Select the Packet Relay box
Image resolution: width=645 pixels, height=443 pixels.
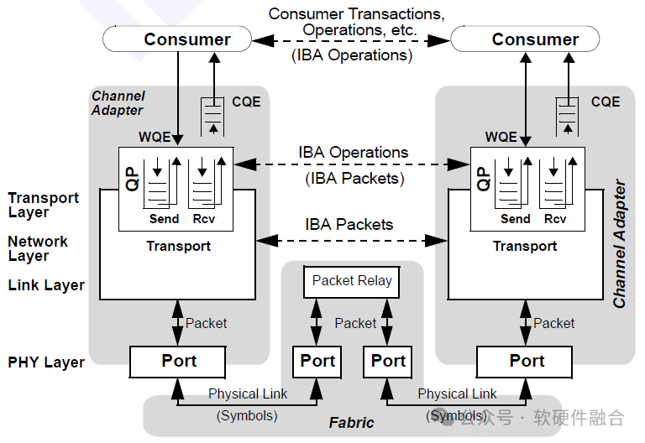[x=352, y=281]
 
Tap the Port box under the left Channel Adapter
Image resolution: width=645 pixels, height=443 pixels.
[x=178, y=362]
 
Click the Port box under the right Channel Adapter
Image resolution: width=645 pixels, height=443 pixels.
[x=526, y=362]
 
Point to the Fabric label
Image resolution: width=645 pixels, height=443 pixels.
[x=351, y=423]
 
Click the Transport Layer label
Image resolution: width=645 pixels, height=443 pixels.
[x=44, y=205]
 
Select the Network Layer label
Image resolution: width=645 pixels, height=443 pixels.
[x=38, y=248]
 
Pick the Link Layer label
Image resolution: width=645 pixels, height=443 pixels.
[x=46, y=285]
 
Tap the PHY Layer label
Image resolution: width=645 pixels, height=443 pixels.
[x=46, y=362]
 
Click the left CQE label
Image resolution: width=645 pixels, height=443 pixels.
[x=246, y=102]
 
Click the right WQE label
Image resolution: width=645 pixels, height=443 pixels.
[x=501, y=137]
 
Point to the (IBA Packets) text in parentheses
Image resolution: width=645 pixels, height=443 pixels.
[x=353, y=178]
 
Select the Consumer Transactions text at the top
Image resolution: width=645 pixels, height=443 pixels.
[x=356, y=15]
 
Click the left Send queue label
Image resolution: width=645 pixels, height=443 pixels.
[x=164, y=219]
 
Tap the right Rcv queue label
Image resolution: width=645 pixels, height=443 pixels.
[x=555, y=219]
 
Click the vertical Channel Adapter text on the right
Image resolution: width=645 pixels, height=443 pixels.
[x=620, y=243]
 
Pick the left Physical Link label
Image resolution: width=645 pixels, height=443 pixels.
[x=248, y=393]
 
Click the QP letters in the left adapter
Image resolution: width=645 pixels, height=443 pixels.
[x=133, y=179]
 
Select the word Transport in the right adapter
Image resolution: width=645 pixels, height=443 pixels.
[x=525, y=246]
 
